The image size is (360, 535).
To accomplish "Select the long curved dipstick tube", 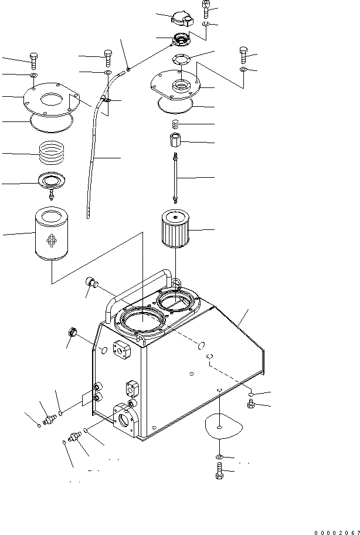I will click(93, 158).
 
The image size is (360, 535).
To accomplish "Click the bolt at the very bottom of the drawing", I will click(219, 471).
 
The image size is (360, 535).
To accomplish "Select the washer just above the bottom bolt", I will click(219, 456).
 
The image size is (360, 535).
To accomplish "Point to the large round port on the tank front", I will click(125, 421).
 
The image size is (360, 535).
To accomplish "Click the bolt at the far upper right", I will click(243, 55).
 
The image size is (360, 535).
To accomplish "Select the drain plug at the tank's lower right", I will click(250, 405).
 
